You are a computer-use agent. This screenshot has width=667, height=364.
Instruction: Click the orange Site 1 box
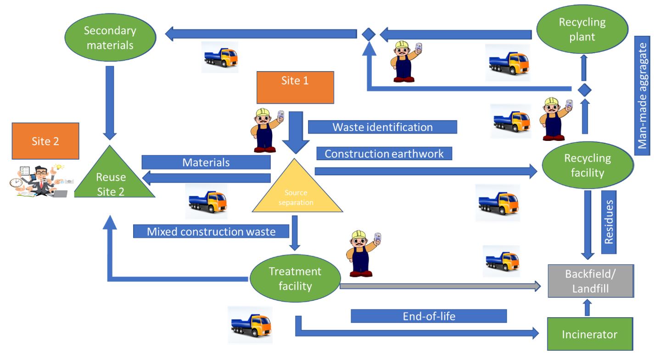tap(295, 88)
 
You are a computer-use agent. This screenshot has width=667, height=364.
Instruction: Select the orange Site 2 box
tap(46, 141)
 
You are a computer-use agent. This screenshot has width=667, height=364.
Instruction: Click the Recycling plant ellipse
tap(582, 29)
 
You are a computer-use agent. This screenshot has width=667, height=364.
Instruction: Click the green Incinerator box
tap(590, 334)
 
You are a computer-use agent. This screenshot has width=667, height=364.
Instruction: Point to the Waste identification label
tap(382, 127)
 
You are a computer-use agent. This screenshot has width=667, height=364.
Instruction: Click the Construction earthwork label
tap(384, 153)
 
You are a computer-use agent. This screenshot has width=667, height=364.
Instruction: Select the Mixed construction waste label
tap(211, 231)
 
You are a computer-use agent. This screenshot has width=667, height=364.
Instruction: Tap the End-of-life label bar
tap(429, 316)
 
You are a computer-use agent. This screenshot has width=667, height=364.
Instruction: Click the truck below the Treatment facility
tap(250, 325)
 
